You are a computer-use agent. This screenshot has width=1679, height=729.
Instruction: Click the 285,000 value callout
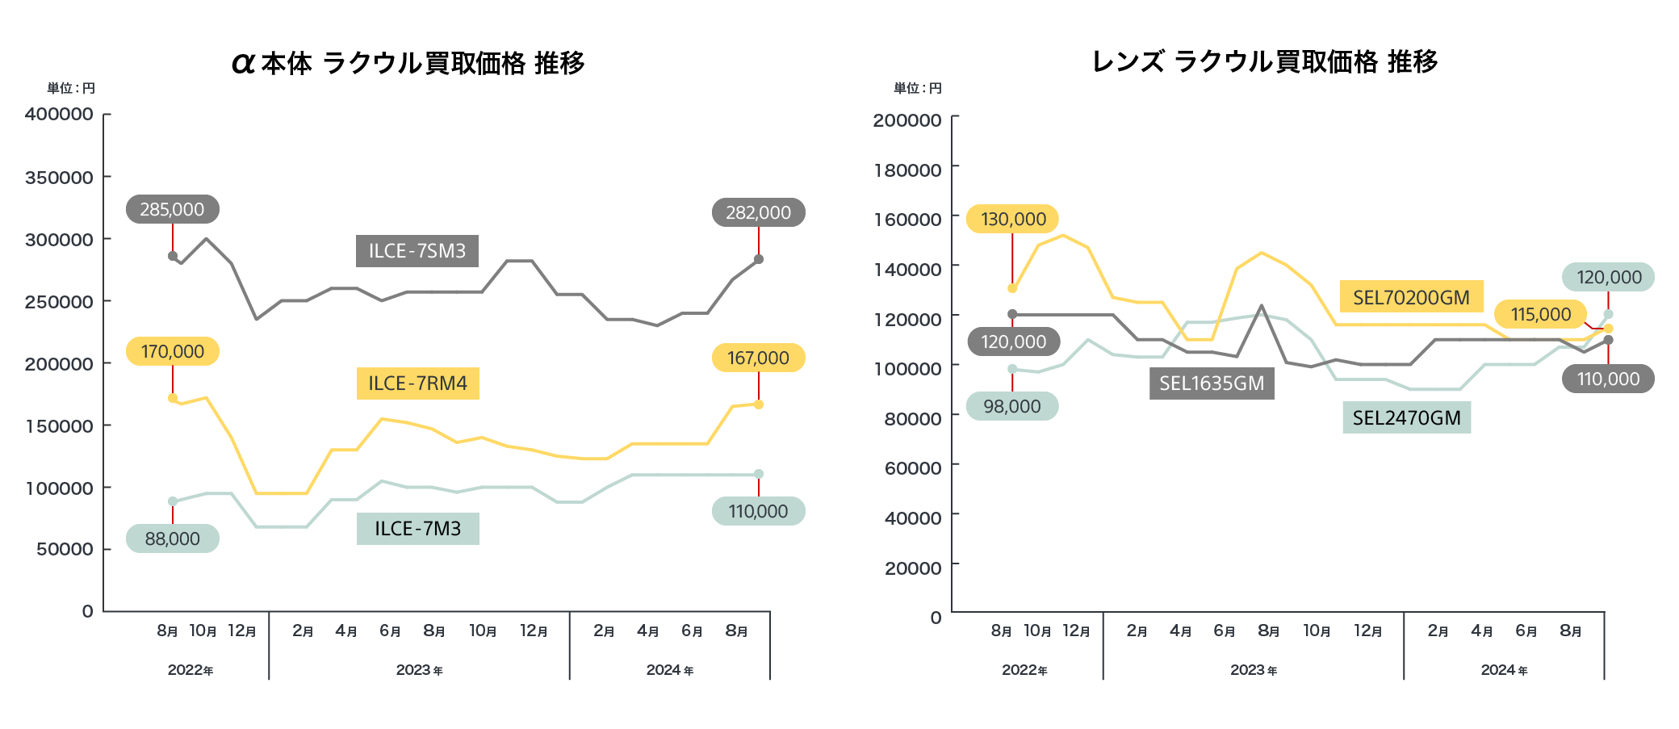[172, 209]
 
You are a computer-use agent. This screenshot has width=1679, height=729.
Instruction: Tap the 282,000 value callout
[758, 212]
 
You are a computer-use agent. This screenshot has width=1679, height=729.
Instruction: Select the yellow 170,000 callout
[172, 351]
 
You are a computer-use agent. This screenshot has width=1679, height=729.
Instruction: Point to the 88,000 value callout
[172, 538]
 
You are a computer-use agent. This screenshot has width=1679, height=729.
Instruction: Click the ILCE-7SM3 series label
[417, 251]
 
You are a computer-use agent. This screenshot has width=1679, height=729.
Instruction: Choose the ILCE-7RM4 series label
[417, 383]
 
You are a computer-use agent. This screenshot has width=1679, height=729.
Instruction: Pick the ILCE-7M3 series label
[417, 529]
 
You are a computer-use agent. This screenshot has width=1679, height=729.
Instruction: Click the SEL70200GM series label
[1411, 297]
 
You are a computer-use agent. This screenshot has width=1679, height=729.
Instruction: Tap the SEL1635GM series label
[1212, 383]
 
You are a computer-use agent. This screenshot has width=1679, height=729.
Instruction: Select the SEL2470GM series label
[1406, 417]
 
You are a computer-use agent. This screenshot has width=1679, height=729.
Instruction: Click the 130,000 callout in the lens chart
[1013, 219]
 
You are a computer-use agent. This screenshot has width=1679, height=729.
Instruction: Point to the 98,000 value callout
[1011, 406]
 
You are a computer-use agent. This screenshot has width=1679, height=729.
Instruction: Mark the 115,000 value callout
[1540, 314]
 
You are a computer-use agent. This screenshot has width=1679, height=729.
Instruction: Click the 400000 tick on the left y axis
[59, 114]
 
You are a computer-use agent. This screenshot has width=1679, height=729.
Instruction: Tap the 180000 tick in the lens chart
[907, 170]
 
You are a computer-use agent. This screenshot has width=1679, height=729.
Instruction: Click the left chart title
[408, 63]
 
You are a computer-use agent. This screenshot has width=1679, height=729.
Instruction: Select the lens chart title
[1264, 61]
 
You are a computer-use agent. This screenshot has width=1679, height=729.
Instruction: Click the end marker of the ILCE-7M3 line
[759, 474]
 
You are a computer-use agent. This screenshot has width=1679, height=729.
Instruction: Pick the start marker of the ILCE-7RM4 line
[173, 398]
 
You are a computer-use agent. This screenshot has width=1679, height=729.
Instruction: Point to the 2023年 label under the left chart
[419, 670]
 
